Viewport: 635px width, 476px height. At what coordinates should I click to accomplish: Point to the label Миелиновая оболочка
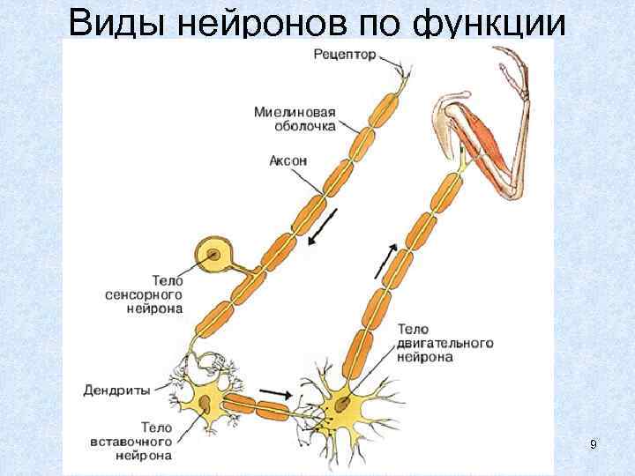coord(295,120)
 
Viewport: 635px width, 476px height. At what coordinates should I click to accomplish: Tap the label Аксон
coord(288,161)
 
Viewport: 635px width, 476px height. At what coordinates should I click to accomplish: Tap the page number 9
coord(594,444)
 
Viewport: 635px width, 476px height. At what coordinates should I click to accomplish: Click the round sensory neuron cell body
coord(213,257)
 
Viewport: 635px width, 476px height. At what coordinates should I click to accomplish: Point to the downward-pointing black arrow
coord(322,227)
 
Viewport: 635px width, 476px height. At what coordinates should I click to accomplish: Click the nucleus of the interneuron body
coord(205,405)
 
